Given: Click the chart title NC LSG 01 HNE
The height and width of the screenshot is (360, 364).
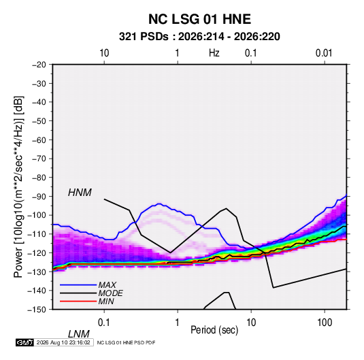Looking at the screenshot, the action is tap(199, 19).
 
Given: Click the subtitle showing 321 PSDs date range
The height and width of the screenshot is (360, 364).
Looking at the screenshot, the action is tap(199, 37).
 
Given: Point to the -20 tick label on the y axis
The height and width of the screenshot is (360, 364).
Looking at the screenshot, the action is tap(39, 65).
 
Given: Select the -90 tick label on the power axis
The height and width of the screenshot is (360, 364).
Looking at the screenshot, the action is tap(39, 196).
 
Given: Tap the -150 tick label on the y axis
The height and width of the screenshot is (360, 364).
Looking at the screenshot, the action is tap(37, 310).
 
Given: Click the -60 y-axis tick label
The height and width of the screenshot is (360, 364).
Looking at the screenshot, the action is tap(39, 140).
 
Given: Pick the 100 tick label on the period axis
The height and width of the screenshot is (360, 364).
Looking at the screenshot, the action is tap(325, 323).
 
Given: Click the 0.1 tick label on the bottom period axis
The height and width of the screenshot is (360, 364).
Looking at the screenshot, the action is tap(104, 323).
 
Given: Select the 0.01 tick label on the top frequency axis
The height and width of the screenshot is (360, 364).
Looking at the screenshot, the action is tap(324, 53).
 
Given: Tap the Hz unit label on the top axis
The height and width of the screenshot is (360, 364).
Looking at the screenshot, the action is tap(214, 53).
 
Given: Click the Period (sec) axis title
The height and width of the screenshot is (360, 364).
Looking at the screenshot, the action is tap(214, 330).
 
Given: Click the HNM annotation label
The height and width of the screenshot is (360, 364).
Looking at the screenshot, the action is tap(80, 193).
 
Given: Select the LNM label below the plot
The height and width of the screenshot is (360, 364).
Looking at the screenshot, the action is tap(78, 334).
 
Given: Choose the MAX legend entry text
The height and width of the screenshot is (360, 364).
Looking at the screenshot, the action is tap(107, 285).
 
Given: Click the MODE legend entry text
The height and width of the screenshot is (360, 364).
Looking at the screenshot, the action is tap(110, 293).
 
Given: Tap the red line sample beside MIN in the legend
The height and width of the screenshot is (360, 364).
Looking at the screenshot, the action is tap(78, 301).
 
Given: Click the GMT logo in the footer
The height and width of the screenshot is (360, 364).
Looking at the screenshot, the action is tap(25, 342).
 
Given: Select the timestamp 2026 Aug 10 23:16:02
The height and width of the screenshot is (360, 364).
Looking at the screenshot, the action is tap(63, 342).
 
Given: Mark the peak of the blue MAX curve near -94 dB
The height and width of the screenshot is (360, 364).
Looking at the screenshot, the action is tap(159, 203).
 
